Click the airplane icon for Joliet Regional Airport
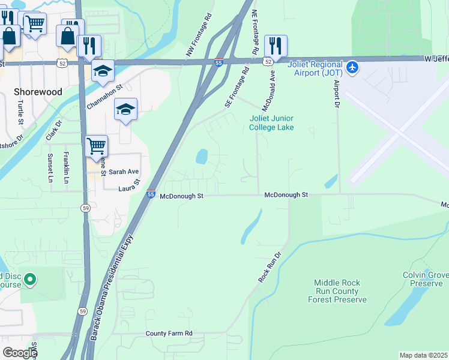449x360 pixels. tap(352, 67)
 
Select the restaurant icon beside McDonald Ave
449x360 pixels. tap(276, 45)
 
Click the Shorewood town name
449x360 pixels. tap(38, 92)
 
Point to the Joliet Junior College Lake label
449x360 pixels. tap(271, 123)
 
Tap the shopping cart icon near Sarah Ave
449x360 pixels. tap(96, 146)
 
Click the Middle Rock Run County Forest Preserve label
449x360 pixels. tap(337, 291)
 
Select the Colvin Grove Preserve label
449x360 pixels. tap(426, 279)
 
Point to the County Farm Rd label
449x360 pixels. tap(169, 333)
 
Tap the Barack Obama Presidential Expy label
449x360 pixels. tap(112, 287)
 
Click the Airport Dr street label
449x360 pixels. tap(337, 93)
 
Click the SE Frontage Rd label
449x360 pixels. tap(237, 88)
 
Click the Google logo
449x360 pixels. tap(19, 353)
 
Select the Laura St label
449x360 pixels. tap(129, 185)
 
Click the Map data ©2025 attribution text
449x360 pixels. tap(423, 355)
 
